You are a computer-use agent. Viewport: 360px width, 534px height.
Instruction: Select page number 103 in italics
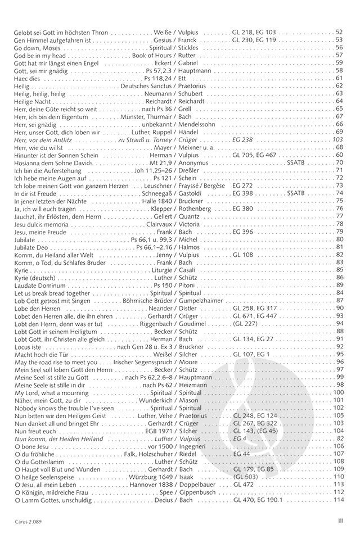(x=337, y=139)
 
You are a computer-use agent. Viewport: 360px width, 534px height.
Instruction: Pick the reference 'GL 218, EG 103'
(x=254, y=33)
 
